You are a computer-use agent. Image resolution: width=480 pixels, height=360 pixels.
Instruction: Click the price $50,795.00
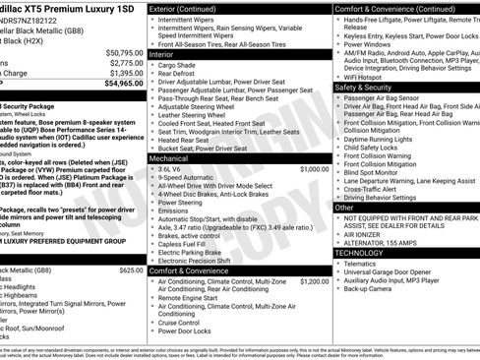tap(124, 52)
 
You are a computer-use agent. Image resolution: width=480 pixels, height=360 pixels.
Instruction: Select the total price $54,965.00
tap(124, 83)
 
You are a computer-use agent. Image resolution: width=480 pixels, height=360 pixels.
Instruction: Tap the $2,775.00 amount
tap(126, 63)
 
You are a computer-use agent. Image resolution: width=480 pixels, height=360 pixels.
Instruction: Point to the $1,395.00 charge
tap(126, 73)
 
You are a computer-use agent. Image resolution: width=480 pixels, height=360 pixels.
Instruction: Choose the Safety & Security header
tap(363, 87)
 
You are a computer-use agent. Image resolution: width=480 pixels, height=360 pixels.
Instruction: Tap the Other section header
tap(344, 208)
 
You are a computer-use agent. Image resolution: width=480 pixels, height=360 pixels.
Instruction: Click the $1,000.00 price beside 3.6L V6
tap(315, 168)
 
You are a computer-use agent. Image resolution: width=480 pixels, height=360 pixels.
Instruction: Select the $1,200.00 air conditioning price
tap(315, 280)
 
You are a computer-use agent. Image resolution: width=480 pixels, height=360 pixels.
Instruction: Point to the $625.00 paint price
tap(131, 270)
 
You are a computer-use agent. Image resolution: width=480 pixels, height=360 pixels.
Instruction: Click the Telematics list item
tap(360, 264)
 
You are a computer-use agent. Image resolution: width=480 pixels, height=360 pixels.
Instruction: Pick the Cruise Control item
tap(179, 322)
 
